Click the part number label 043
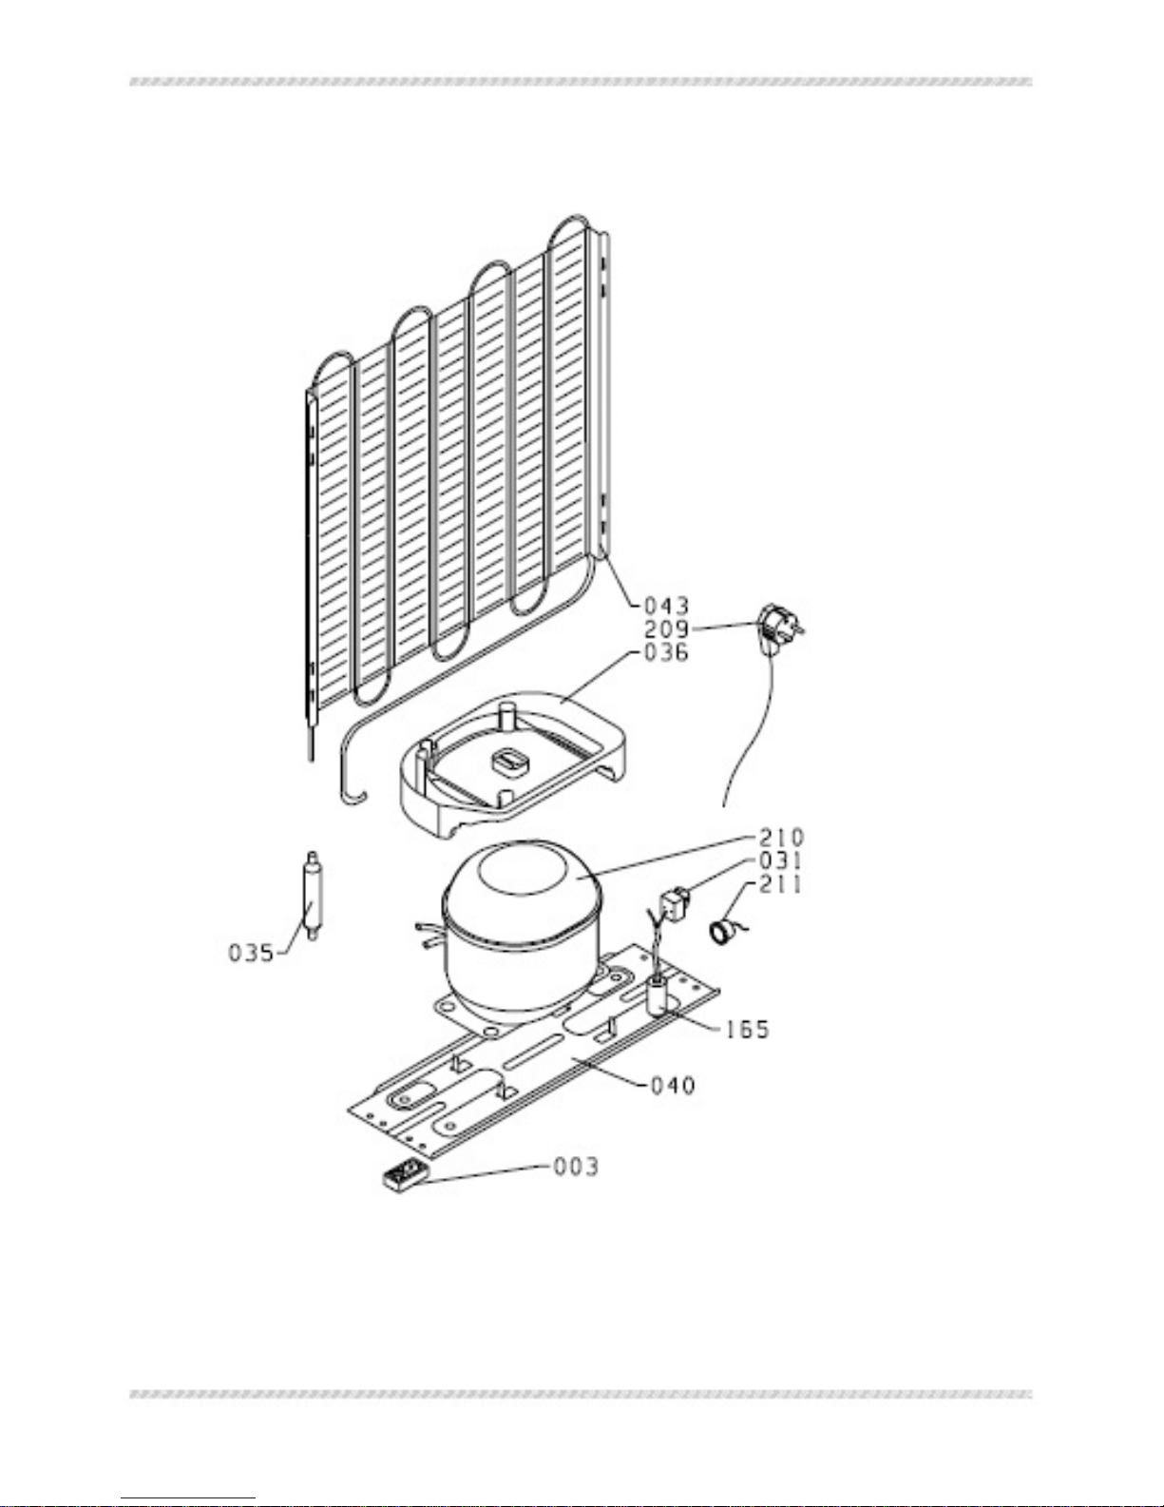point(666,607)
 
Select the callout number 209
point(666,629)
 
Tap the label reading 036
point(666,652)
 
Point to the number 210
point(782,837)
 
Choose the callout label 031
point(782,860)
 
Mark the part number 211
point(782,884)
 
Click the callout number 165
point(747,1030)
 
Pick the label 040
point(673,1086)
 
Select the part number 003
point(576,1168)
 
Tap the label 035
point(252,953)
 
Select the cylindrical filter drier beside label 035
point(313,896)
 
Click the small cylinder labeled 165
point(658,995)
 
